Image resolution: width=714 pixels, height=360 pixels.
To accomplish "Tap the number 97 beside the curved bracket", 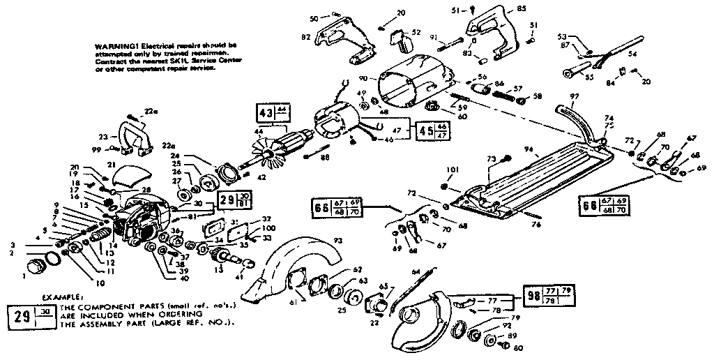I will (574, 95).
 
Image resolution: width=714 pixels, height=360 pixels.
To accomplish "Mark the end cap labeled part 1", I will (34, 267).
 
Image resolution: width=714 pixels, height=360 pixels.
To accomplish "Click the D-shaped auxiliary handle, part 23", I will (131, 138).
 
